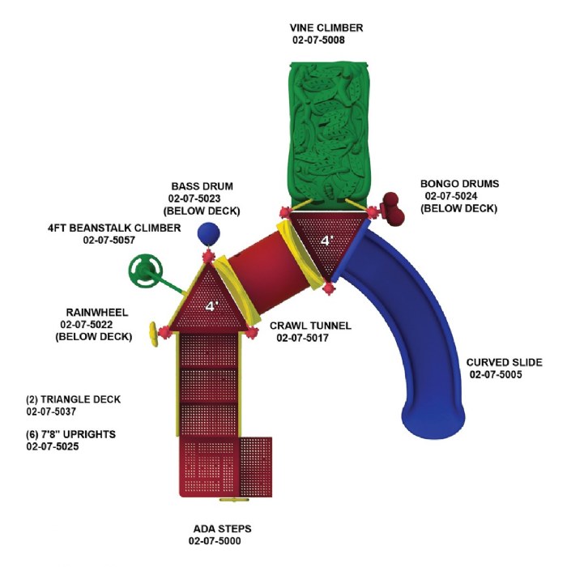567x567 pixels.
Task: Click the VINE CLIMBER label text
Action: click(x=327, y=28)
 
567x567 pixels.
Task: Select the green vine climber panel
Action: click(x=329, y=130)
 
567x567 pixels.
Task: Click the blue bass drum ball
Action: click(x=208, y=233)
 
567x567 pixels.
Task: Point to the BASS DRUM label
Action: click(x=202, y=186)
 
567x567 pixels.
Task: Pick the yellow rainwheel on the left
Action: click(x=152, y=332)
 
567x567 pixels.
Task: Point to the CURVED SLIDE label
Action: click(x=503, y=362)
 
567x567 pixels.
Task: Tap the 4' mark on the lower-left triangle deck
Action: click(x=211, y=306)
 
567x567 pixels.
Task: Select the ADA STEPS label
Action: click(x=221, y=529)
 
